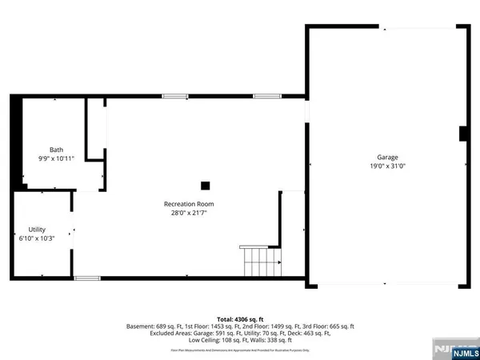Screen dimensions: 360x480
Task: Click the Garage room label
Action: pos(388,158)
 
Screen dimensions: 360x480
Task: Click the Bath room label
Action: pos(56,150)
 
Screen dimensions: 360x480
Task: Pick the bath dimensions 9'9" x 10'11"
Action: pos(56,159)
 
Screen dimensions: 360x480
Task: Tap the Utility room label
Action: pos(37,230)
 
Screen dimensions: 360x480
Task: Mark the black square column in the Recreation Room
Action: pos(206,186)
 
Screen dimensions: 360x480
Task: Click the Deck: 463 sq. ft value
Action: pos(316,334)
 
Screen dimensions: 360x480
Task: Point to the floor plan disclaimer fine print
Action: pos(240,350)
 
